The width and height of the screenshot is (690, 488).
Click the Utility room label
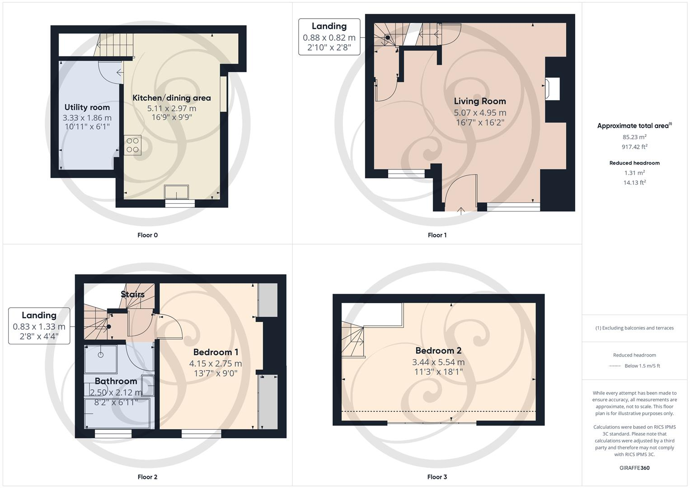tap(87, 108)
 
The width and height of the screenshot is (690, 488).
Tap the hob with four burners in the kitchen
tap(132, 145)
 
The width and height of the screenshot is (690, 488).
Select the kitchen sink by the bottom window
tap(177, 192)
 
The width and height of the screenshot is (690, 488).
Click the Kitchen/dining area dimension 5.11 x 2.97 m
tap(172, 108)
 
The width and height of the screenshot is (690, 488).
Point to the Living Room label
tap(480, 101)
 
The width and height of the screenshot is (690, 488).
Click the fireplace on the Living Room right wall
tap(553, 89)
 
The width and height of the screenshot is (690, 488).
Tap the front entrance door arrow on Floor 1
tap(461, 210)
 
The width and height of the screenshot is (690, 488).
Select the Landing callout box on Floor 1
tap(329, 37)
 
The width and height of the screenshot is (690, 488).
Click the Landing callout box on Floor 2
tap(39, 326)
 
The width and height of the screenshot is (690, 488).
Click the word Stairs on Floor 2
tap(133, 295)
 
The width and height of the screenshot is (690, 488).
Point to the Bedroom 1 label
tap(216, 352)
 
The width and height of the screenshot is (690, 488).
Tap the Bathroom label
tap(116, 381)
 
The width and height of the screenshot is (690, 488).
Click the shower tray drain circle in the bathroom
tap(100, 355)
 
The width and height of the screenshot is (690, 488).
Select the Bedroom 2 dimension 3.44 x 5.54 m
tap(438, 362)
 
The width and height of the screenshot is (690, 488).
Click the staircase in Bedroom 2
tap(353, 341)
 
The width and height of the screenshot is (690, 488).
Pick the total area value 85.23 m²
tap(634, 137)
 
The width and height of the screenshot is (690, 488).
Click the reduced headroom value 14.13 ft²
tap(634, 183)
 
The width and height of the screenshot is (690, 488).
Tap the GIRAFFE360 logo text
tap(634, 468)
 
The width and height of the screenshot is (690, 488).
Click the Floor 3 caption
tap(437, 477)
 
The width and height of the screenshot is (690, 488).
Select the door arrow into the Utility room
tap(119, 72)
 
